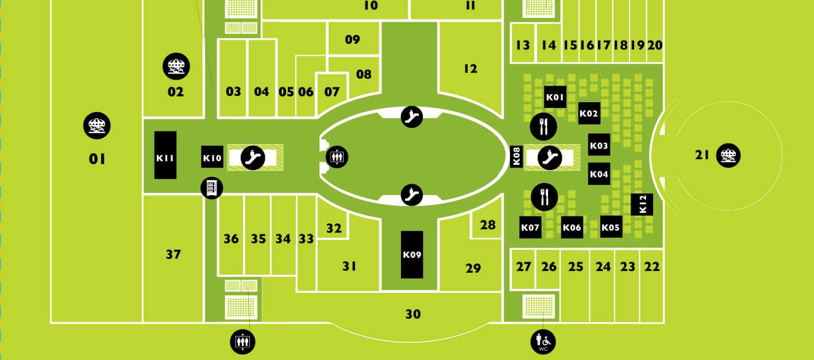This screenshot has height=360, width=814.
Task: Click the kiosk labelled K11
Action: [165, 155]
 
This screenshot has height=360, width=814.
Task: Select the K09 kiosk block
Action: [412, 255]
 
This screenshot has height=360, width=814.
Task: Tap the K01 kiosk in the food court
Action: [555, 97]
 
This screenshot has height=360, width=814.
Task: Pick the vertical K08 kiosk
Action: [516, 157]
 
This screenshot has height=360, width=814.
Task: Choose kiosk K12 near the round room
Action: [642, 204]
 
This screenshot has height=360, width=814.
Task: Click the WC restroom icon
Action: [543, 342]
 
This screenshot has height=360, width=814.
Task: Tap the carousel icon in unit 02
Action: [176, 67]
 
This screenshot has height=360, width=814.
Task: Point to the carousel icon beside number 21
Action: [728, 156]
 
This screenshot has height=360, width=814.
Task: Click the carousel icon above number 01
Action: [97, 126]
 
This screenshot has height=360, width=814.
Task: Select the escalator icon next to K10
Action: [253, 158]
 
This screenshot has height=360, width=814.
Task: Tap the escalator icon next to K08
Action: [550, 158]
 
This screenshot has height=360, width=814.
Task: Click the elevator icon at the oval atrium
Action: [337, 157]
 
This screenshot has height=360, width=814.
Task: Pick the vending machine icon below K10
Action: [212, 188]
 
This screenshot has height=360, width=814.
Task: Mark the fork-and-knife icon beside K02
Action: [543, 127]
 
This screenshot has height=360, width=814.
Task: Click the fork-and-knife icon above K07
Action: [545, 197]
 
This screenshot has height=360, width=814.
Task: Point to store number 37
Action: [173, 254]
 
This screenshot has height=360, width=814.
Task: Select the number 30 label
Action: [413, 314]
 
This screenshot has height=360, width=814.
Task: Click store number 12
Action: [470, 69]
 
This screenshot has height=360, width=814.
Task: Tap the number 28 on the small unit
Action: [488, 225]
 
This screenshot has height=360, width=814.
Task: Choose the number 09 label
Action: [353, 39]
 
